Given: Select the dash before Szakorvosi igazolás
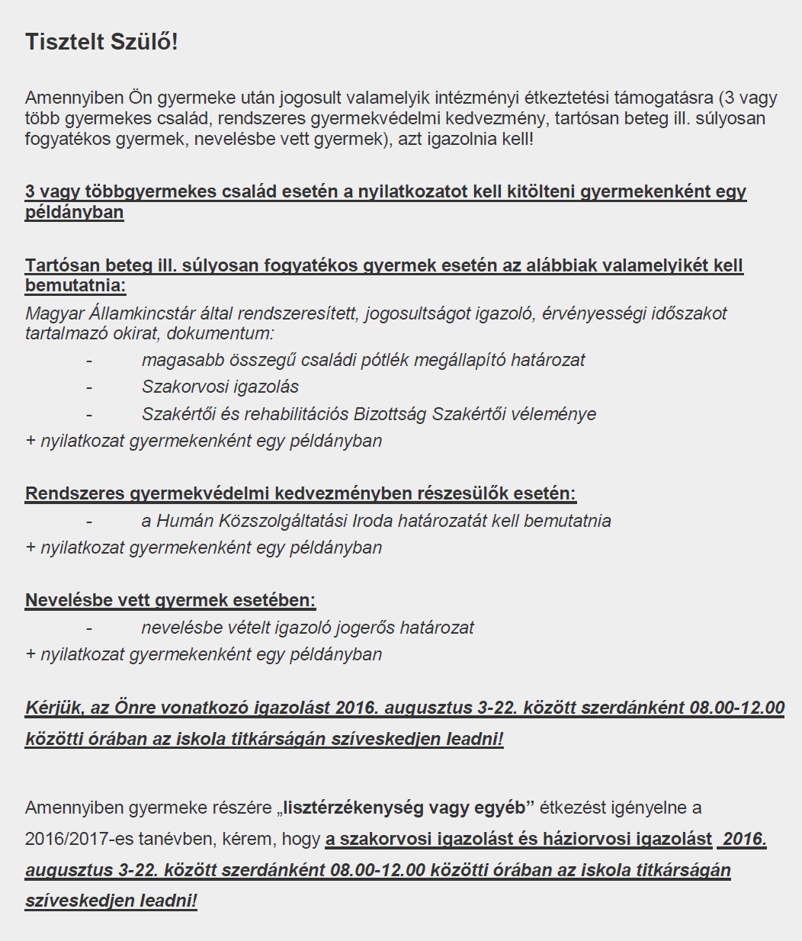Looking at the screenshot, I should click(89, 387).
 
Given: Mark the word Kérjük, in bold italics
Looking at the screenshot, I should click(55, 708).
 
